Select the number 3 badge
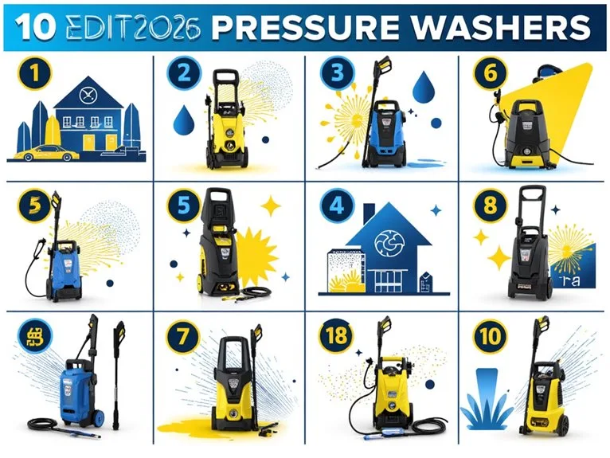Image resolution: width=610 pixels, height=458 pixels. click(336, 74)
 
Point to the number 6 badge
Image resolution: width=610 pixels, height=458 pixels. click(489, 74)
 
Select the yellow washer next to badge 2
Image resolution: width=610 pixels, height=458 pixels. click(225, 127)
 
